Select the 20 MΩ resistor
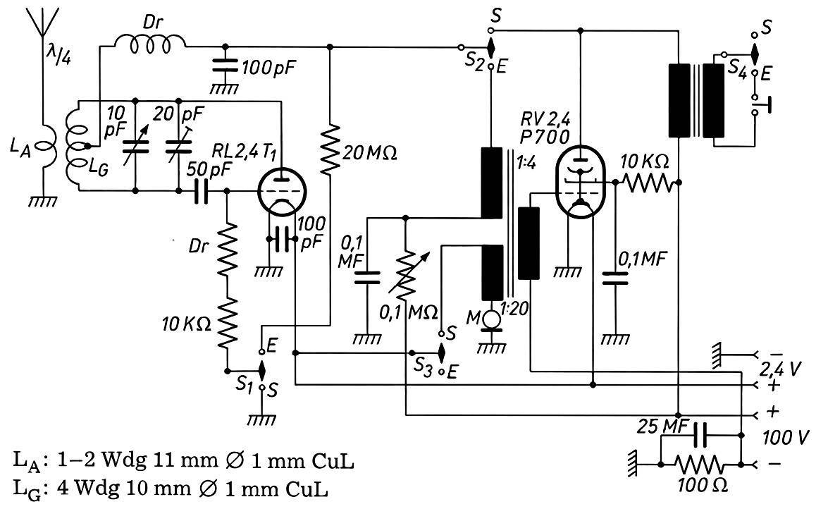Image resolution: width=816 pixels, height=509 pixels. pos(330,149)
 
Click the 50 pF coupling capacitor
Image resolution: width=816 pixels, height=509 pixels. pos(201,191)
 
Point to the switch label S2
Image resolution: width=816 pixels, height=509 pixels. pos(474,61)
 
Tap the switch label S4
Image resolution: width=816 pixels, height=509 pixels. pos(736,68)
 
